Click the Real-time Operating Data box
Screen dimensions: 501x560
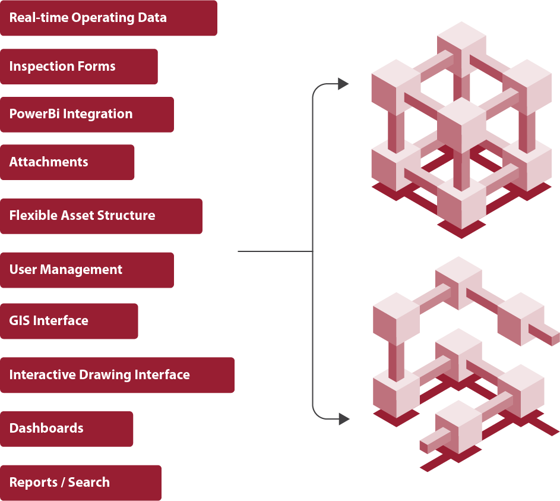[108, 18]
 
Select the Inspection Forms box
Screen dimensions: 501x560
[78, 67]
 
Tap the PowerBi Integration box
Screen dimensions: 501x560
[87, 114]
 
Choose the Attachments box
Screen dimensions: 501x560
[67, 162]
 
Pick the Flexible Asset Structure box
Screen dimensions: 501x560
[101, 216]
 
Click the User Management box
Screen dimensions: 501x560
[87, 270]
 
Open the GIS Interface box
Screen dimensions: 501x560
[69, 321]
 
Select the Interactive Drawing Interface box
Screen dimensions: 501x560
[117, 375]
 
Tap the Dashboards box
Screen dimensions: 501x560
[67, 428]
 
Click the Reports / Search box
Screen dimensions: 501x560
[80, 483]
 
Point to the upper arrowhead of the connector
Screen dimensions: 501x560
[343, 84]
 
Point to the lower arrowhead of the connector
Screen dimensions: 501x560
[343, 419]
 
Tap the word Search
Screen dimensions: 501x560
[89, 483]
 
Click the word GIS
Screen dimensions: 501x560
[20, 321]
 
